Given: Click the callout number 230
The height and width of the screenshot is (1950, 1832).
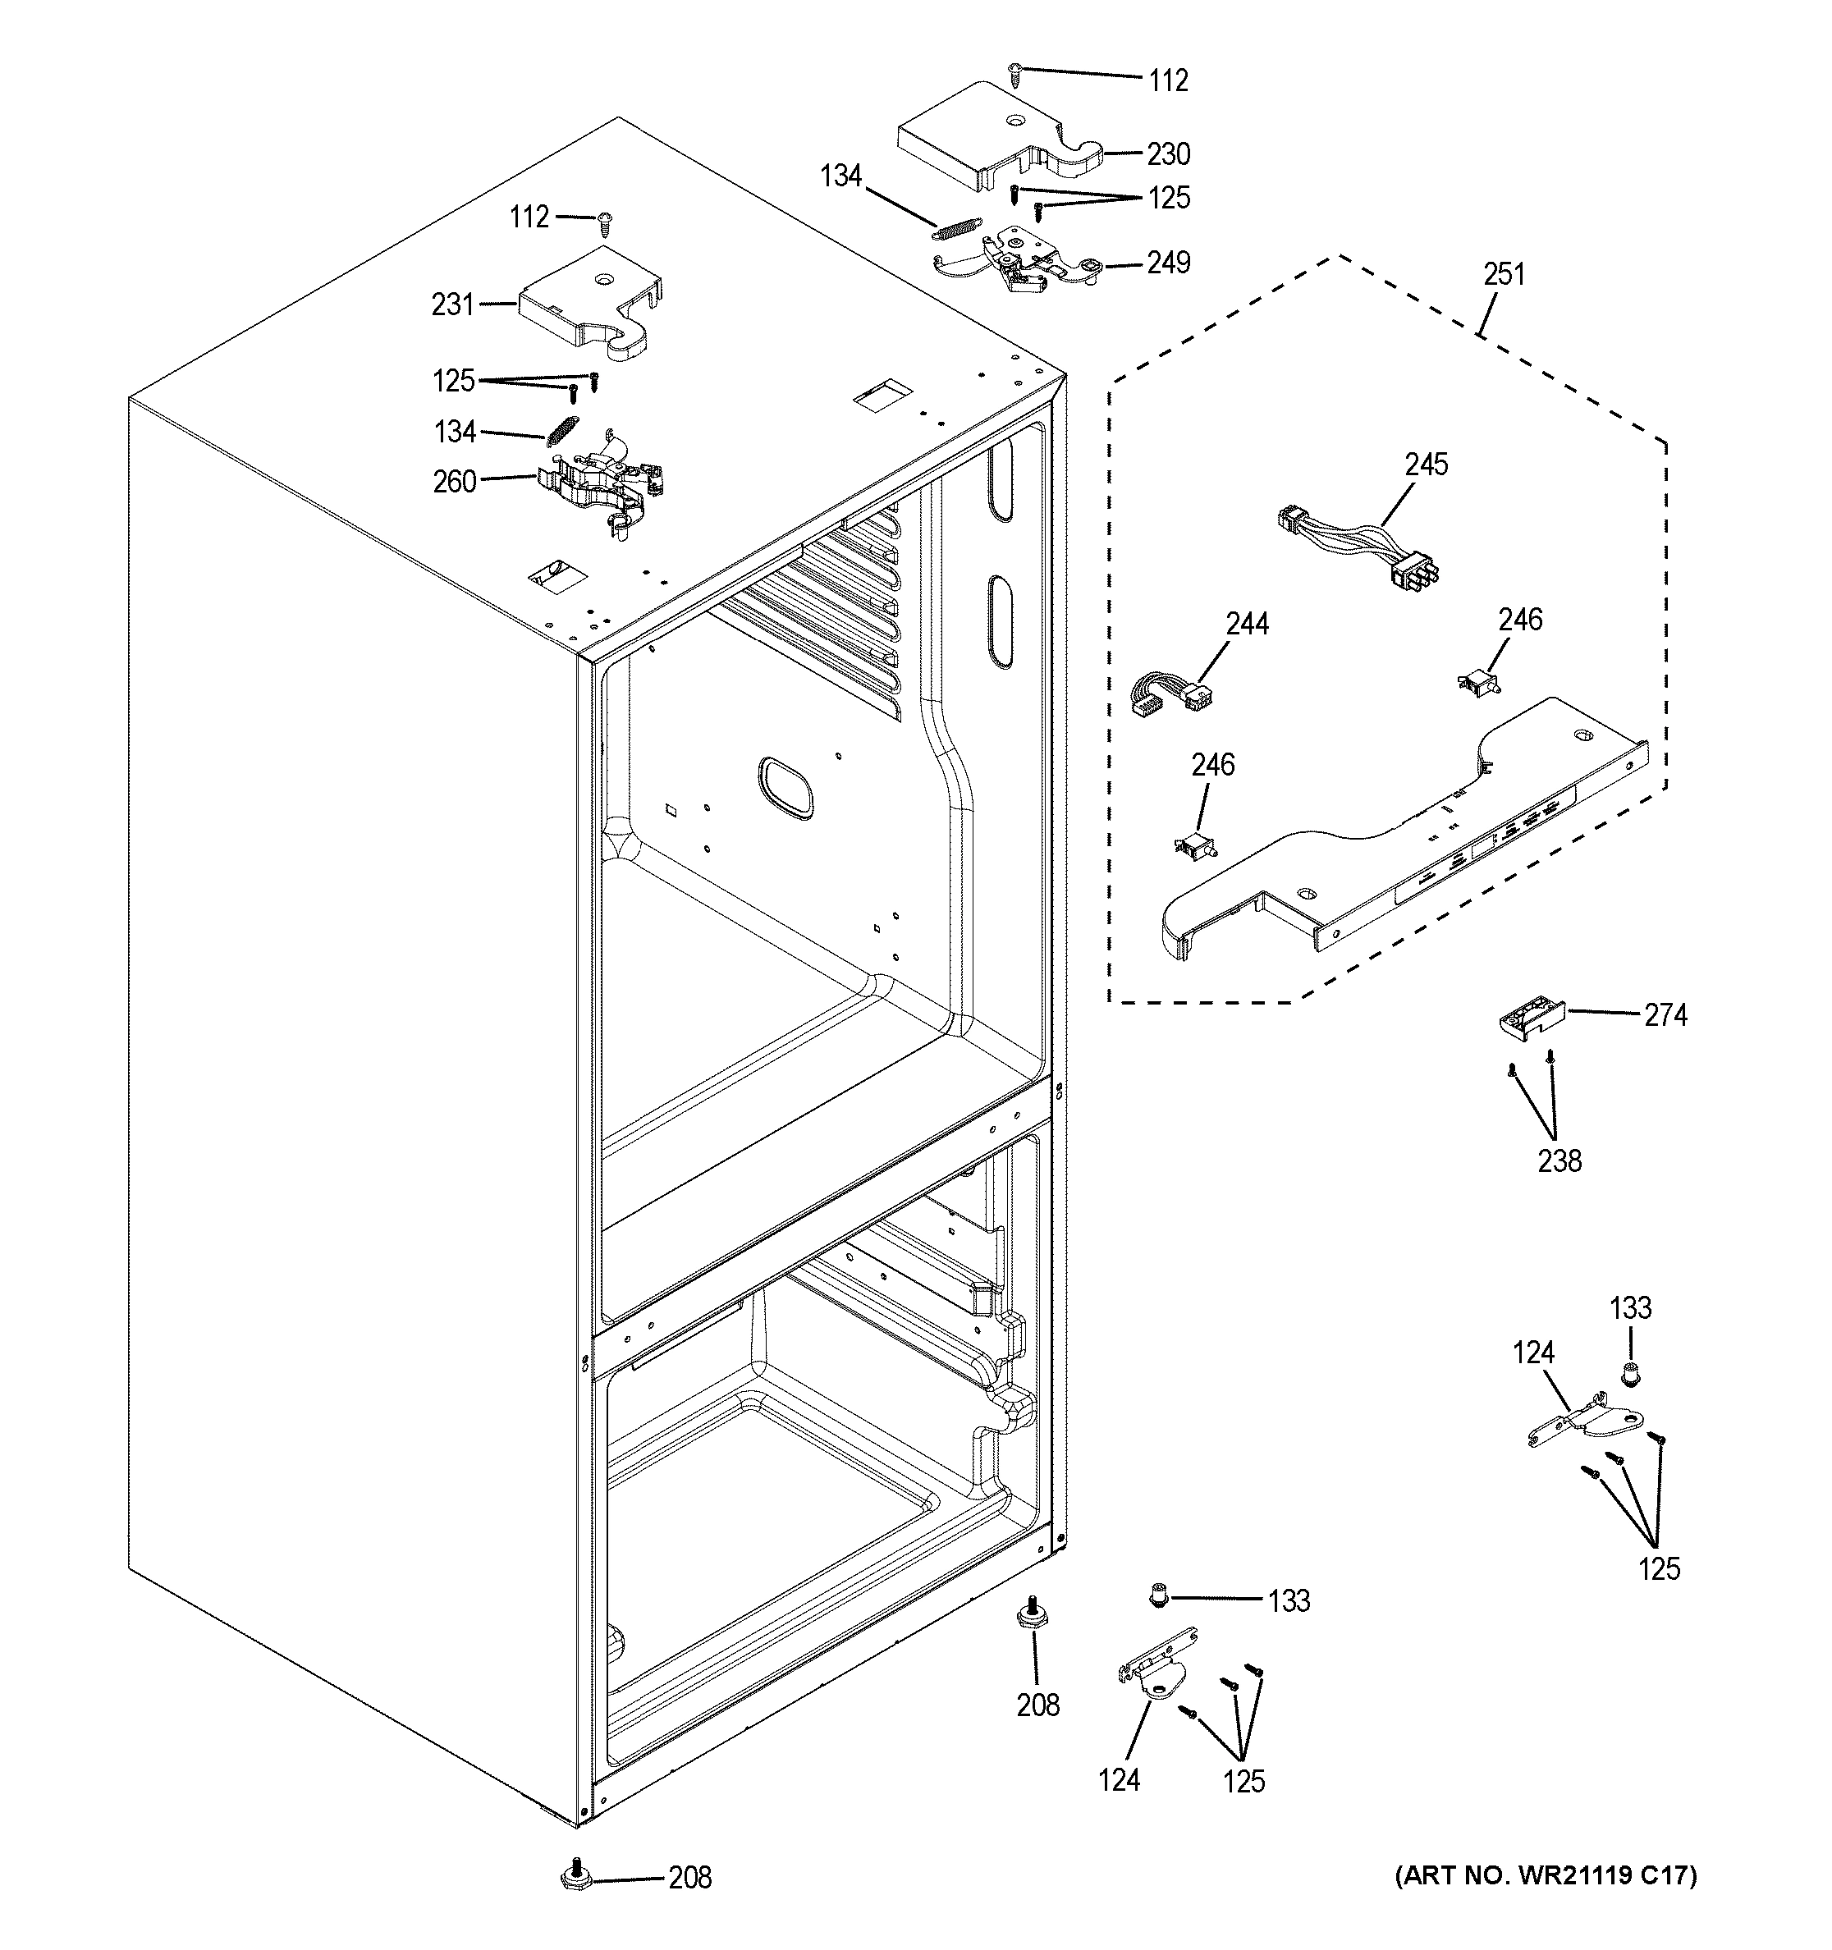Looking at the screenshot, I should [x=1168, y=154].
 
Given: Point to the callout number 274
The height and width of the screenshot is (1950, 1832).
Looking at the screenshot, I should [x=1665, y=1015].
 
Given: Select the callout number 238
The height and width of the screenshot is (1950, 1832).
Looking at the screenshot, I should [x=1559, y=1160].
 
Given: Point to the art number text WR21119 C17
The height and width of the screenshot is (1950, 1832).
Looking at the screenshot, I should [x=1545, y=1875].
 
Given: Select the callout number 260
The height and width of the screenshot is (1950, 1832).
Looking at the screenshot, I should [x=454, y=482].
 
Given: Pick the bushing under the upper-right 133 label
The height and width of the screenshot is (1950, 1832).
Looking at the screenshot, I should [x=1630, y=1376].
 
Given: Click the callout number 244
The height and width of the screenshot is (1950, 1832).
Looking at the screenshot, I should [x=1247, y=624].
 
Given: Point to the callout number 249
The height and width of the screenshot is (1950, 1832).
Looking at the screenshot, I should [x=1168, y=263].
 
